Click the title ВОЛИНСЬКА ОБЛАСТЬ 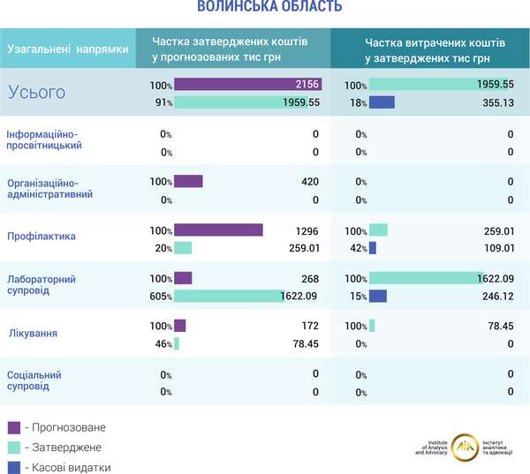point(269,9)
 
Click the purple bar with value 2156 point(247,85)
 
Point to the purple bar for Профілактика point(218,230)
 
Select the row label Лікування point(33,334)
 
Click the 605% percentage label point(160,296)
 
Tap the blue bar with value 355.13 point(382,102)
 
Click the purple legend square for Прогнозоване point(13,427)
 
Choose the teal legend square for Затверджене point(13,448)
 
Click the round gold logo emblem point(466,448)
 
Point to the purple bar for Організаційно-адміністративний point(188,182)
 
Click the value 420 point(309,182)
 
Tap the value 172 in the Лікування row point(309,326)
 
